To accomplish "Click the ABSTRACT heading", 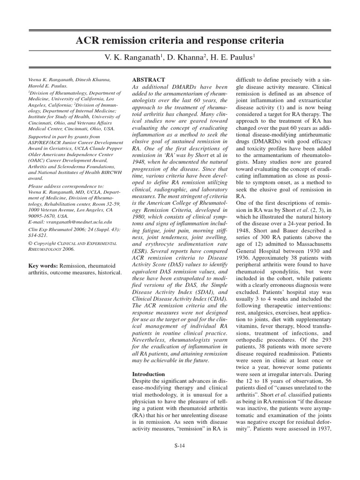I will (149, 80).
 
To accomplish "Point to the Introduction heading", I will (149, 374).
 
